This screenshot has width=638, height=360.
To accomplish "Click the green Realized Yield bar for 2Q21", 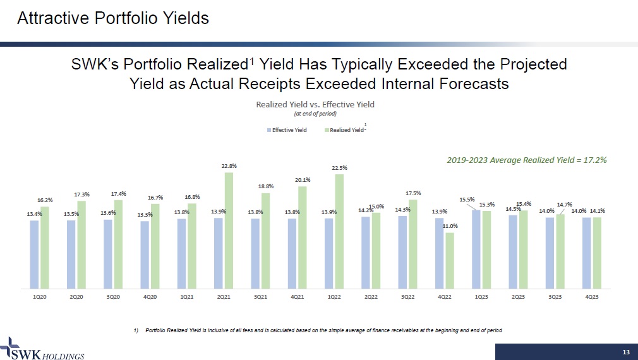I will pos(229,230).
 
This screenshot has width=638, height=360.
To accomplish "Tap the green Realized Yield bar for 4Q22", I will pos(450,260).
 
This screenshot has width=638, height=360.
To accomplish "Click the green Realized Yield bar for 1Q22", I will pos(339,231).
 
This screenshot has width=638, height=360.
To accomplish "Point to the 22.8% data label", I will pos(229,165).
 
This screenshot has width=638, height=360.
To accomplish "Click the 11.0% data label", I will pos(450,225).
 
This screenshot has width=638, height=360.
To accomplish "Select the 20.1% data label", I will pos(302,179).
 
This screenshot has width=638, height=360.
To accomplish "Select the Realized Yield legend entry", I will pos(344,130).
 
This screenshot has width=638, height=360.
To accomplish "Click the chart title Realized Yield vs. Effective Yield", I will pos(315,104).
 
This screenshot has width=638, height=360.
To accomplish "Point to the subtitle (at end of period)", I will pos(315,114).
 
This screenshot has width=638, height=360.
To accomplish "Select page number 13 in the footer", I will pos(626,351).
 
